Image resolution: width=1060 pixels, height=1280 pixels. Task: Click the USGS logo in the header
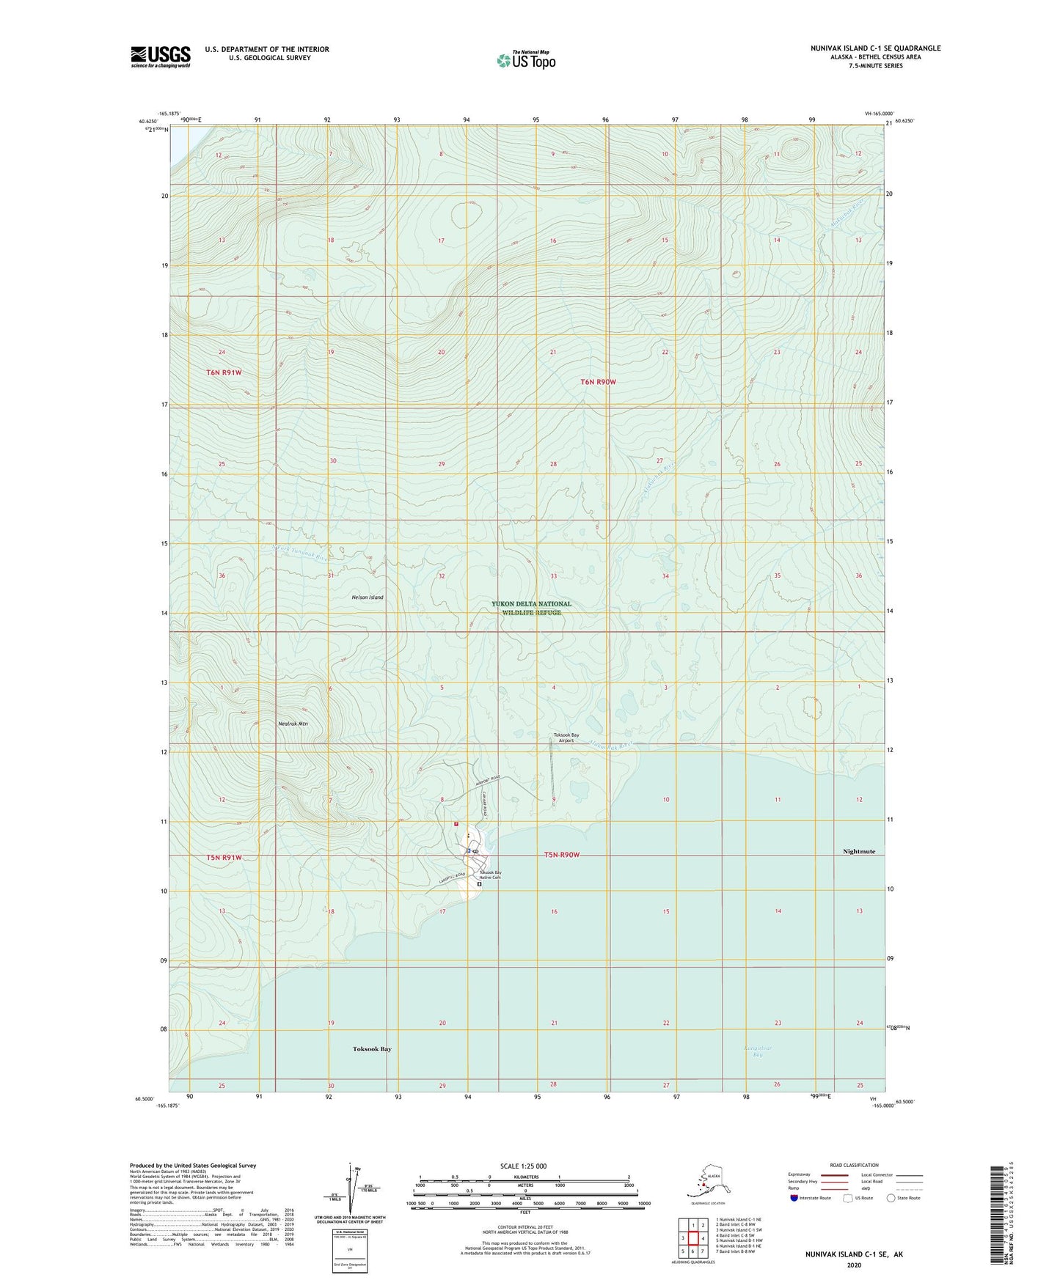point(161,56)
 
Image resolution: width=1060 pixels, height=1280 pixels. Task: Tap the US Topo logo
point(525,60)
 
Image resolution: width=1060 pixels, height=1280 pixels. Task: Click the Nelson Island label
point(368,597)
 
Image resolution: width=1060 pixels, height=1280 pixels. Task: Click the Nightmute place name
point(858,852)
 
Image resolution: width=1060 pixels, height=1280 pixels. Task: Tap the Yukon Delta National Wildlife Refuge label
point(532,608)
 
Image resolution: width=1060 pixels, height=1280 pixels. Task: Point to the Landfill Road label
point(452,878)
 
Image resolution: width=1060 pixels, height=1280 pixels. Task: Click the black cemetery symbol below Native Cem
point(480,885)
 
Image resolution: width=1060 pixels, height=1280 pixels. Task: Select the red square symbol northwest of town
point(456,823)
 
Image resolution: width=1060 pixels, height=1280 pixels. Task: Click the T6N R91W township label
point(224,372)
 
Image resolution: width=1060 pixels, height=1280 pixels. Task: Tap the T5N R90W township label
point(562,856)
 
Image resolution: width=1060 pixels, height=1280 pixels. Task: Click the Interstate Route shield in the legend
point(794,1198)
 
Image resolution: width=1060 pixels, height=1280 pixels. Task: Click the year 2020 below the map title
point(854,1265)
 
